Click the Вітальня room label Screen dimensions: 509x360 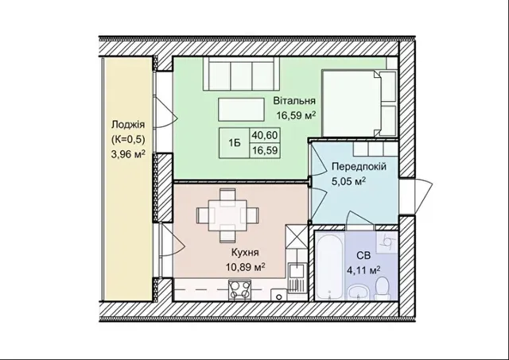tap(294, 101)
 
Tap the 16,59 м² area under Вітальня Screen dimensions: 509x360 tap(296, 115)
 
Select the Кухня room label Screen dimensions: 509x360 tap(245, 253)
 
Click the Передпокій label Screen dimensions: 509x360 tap(359, 167)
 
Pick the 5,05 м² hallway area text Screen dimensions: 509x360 tap(348, 181)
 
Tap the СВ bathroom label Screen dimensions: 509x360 tap(363, 256)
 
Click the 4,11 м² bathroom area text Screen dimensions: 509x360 tap(363, 270)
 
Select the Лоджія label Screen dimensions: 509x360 tap(128, 125)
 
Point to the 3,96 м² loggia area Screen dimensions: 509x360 tap(128, 154)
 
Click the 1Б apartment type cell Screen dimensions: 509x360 tap(235, 143)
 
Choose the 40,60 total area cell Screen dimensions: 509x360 tap(265, 135)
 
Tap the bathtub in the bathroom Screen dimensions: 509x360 tap(329, 267)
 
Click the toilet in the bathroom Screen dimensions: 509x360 tap(382, 288)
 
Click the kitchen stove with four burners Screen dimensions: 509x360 tap(240, 289)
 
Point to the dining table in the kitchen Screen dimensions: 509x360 tap(227, 215)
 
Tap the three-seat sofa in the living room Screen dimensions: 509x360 tap(242, 74)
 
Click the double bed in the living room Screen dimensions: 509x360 tap(359, 103)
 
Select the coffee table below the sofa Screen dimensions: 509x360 tap(241, 110)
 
